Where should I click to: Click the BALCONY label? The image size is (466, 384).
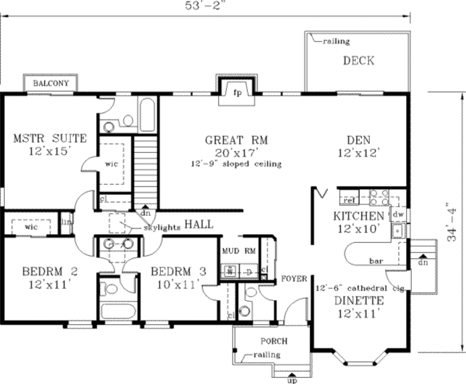51,84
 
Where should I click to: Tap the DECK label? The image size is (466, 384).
359,60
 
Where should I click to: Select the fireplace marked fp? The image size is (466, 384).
237,93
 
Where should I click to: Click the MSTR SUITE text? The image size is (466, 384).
50,138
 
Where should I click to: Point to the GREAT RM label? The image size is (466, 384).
236,140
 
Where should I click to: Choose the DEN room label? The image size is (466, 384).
359,140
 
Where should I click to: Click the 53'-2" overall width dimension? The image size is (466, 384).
206,5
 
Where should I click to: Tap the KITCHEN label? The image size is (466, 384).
359,215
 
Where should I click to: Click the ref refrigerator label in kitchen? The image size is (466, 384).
349,200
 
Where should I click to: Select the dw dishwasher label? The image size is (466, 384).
398,214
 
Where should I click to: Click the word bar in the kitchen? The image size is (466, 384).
375,261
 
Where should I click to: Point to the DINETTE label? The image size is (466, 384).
359,300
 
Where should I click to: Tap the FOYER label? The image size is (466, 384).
294,278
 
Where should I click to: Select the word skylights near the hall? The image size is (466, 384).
162,227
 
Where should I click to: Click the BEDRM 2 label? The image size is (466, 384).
50,272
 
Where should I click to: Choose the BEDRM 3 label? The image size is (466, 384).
178,272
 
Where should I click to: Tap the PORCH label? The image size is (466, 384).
274,341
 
